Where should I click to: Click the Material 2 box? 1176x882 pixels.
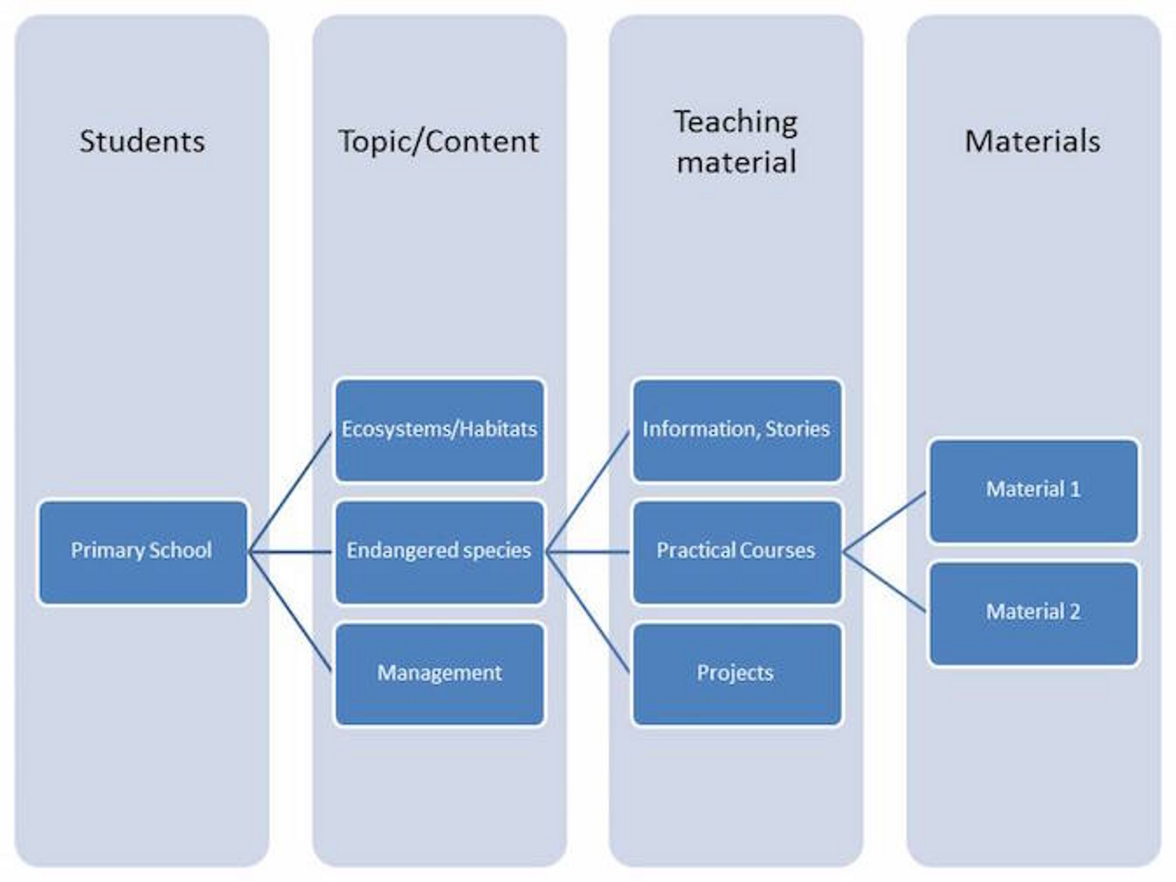tap(1033, 613)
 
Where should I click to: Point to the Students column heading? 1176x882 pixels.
tap(142, 142)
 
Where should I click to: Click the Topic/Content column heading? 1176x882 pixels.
tap(439, 142)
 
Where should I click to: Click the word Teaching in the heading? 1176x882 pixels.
tap(736, 122)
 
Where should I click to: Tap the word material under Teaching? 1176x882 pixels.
tap(736, 161)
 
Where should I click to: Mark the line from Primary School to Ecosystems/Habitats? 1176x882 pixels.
tap(290, 492)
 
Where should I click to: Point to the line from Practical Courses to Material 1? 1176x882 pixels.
tap(885, 522)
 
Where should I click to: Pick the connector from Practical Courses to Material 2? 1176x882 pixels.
tap(885, 582)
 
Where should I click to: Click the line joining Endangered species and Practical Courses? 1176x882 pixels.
tap(588, 552)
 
